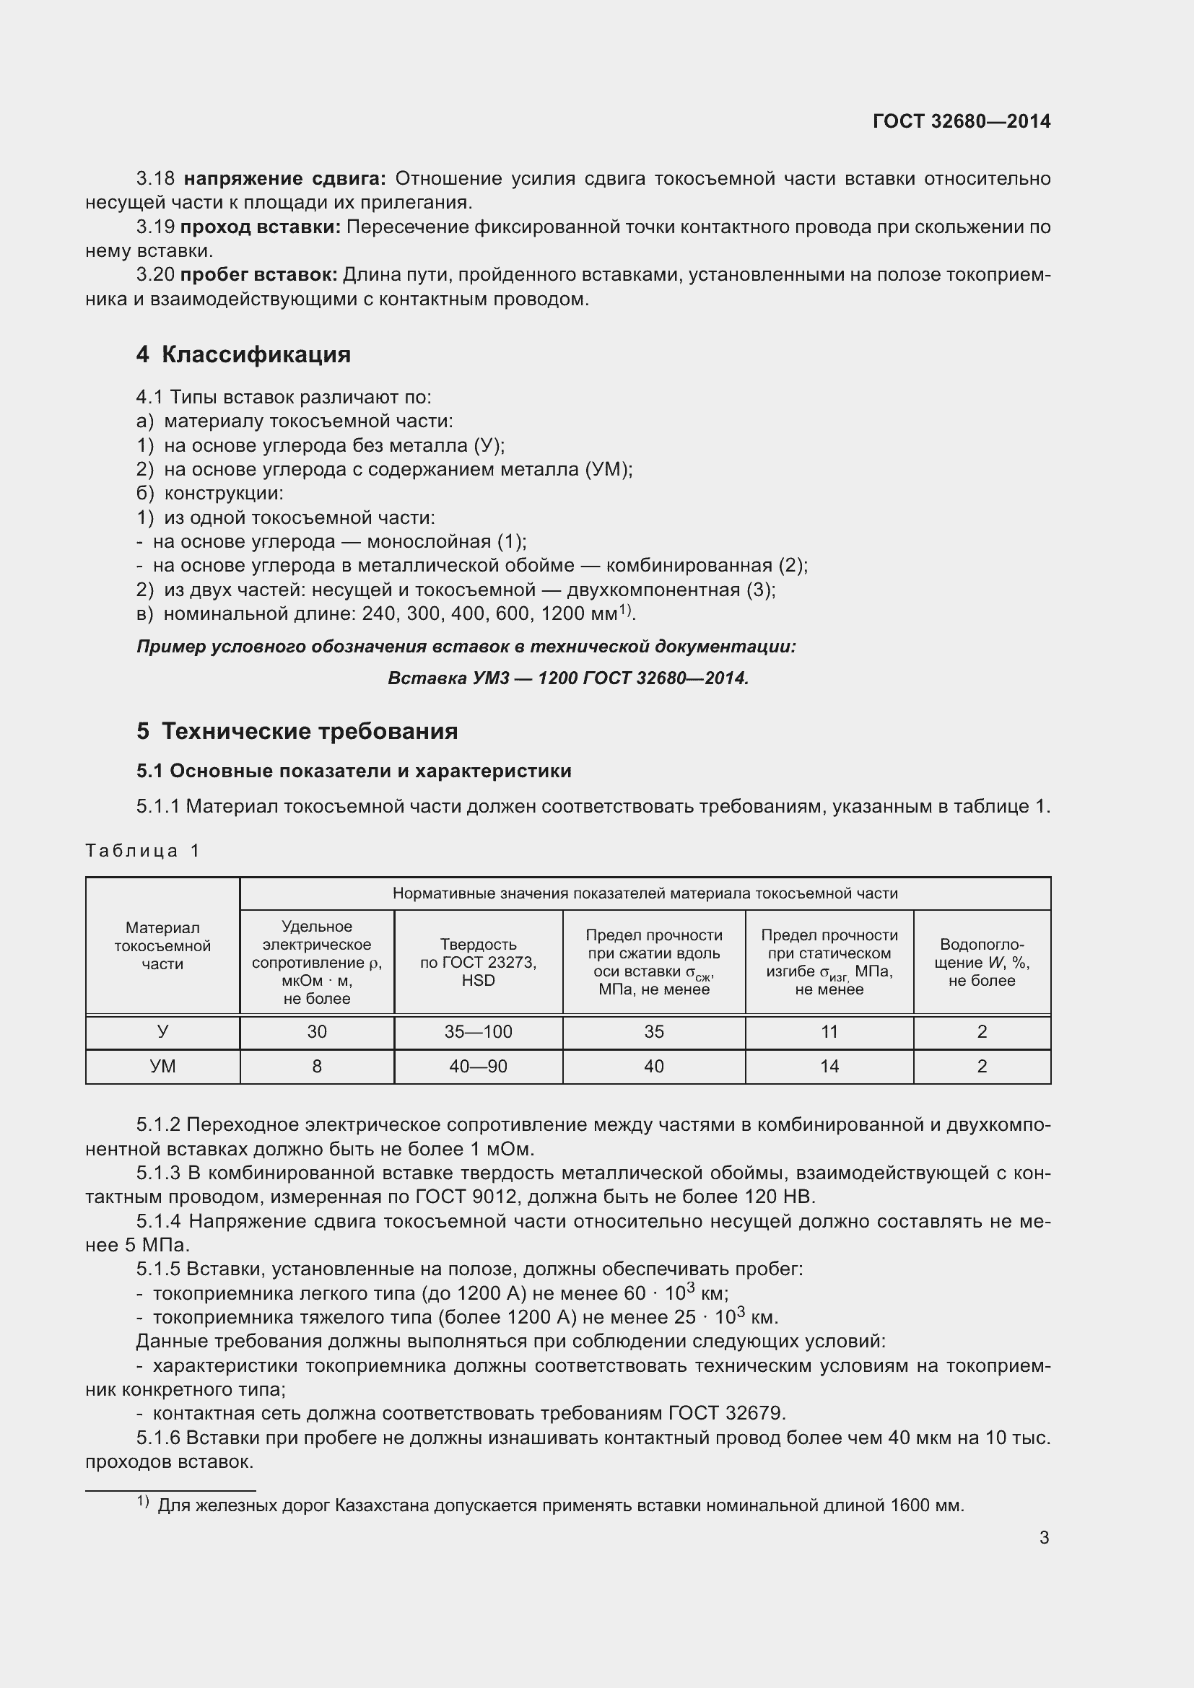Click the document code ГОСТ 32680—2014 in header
pos(961,121)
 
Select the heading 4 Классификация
pos(243,354)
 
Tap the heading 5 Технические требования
pos(297,731)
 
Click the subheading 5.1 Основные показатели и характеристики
pos(354,771)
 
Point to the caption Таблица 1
pos(143,851)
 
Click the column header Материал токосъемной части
pos(162,945)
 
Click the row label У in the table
pos(162,1031)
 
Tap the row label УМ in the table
pos(162,1066)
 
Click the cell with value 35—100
pos(478,1031)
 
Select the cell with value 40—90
pos(478,1066)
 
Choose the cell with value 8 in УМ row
pos(317,1066)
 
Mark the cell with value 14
pos(829,1066)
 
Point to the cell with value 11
pos(829,1031)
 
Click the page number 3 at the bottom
pos(1044,1537)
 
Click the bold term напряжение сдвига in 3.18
pos(284,179)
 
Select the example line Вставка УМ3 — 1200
pos(567,678)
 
